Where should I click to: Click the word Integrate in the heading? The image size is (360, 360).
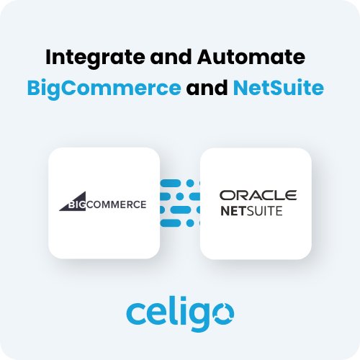coord(95,58)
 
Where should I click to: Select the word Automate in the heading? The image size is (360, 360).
coord(251,57)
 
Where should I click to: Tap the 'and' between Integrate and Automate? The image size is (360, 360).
coord(171,57)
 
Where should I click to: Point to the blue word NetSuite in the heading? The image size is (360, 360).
coord(279,88)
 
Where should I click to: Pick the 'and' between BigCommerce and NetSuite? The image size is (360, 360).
coord(207,88)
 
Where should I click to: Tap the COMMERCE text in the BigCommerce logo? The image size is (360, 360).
coord(116,204)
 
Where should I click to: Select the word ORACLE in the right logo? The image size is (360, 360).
coord(258,195)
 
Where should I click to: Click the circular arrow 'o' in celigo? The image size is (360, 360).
coord(223,314)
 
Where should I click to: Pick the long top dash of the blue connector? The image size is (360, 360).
coord(171,184)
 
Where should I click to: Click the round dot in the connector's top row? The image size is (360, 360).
coord(190,184)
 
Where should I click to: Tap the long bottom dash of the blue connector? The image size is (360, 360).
coord(171,223)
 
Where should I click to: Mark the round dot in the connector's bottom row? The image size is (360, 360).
coord(190,223)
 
